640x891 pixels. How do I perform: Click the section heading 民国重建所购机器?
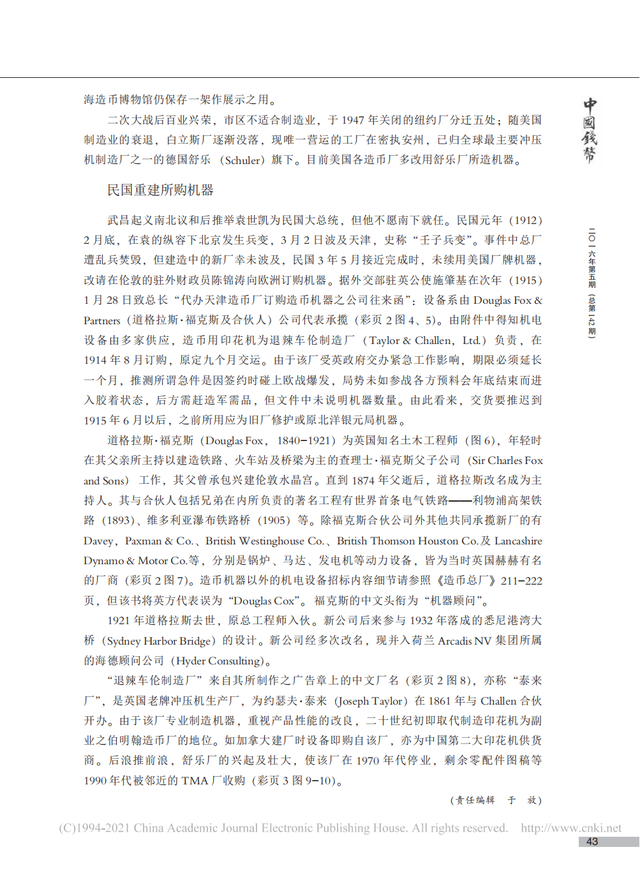pos(160,190)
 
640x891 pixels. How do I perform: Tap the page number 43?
pos(592,842)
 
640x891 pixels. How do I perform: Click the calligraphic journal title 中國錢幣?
pos(590,131)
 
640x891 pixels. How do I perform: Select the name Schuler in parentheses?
pos(242,160)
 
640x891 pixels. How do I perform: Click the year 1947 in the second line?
pos(353,120)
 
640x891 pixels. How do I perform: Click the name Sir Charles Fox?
pos(507,460)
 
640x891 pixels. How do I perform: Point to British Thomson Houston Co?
pos(407,541)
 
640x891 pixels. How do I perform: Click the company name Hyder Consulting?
pos(218,661)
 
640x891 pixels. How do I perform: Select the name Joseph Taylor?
pos(371,701)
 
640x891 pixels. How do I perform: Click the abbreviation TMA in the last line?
pos(195,781)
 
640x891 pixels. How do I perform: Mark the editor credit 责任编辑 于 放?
pos(496,800)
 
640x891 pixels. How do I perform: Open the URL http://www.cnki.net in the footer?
pos(570,828)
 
